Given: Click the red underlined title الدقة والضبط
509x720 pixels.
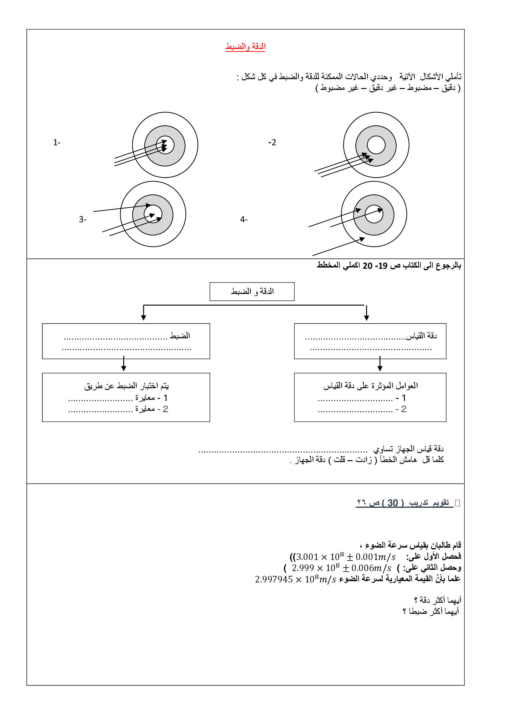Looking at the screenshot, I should pos(245,46).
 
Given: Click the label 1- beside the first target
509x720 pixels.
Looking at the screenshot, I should pos(57,143).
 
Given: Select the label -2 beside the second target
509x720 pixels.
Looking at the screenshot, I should pos(272,143).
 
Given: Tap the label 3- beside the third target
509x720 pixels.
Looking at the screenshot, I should pos(83,219).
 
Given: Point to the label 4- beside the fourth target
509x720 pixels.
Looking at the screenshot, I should pos(244,219).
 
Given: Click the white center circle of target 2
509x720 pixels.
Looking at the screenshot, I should pos(376,145).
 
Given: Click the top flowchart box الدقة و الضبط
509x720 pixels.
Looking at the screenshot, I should pos(252,291).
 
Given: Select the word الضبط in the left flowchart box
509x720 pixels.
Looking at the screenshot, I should pos(180,336).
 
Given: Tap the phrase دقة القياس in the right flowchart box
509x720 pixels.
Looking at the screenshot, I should pos(421,336).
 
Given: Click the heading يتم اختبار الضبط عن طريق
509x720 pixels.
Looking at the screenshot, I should pos(126,386).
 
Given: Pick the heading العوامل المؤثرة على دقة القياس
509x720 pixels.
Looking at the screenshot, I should pos(371,386).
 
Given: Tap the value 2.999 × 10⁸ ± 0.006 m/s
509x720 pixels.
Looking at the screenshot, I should pos(341,568).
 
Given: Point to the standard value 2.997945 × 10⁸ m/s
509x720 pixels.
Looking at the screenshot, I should pos(295,579).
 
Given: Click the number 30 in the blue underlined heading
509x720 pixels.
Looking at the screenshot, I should pos(392,503).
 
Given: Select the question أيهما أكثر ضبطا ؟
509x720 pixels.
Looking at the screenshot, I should pos(430,611).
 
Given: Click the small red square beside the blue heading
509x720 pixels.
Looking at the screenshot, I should pos(457,503).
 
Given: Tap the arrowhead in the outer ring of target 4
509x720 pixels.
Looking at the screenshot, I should pos(362,239).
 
